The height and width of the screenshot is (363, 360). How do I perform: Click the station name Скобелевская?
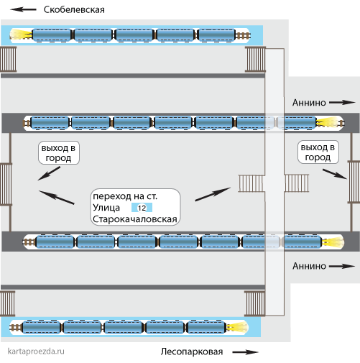click(74, 10)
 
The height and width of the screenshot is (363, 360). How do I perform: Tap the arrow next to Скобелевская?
click(23, 9)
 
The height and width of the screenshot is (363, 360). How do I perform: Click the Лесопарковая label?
click(192, 351)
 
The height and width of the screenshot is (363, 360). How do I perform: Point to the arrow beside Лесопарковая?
click(246, 352)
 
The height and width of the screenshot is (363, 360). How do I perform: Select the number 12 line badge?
click(142, 208)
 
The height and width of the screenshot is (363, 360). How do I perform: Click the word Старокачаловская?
click(135, 219)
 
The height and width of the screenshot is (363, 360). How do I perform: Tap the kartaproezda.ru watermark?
click(36, 351)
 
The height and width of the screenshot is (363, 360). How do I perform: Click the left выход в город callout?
click(59, 153)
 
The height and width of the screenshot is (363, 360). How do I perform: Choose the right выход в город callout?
click(318, 152)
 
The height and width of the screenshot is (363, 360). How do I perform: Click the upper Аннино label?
click(309, 103)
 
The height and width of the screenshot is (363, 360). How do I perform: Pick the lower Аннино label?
click(309, 266)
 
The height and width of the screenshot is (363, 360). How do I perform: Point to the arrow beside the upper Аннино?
click(342, 103)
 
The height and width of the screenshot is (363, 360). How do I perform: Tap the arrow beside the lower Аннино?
click(342, 266)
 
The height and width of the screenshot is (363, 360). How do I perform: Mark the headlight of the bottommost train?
click(237, 327)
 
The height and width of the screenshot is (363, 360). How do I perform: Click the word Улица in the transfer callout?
click(106, 208)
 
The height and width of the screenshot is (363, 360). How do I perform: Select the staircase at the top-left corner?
click(9, 59)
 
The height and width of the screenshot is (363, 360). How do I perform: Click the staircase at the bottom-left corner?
click(8, 303)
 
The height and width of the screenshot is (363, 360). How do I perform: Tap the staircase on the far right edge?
click(354, 182)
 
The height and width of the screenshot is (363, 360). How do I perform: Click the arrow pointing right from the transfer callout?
click(213, 194)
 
